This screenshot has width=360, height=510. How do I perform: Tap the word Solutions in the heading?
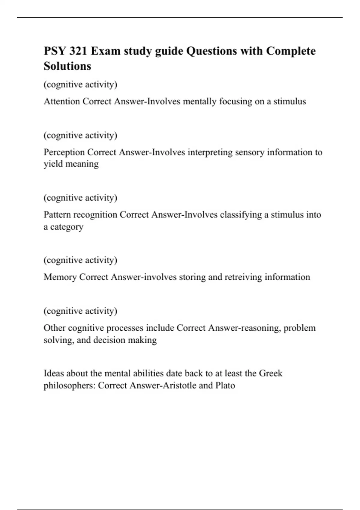(x=67, y=66)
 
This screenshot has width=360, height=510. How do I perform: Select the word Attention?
(x=62, y=101)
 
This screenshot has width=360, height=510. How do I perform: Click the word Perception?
(x=64, y=152)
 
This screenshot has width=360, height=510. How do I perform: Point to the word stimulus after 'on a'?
(x=289, y=101)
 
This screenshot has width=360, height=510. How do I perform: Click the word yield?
(x=53, y=164)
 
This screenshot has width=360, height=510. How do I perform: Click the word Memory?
(x=60, y=277)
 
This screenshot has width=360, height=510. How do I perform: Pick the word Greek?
(x=271, y=373)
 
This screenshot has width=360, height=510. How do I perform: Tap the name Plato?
(x=225, y=385)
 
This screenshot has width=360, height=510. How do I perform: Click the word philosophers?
(x=69, y=385)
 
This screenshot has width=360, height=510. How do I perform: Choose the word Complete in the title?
(x=291, y=51)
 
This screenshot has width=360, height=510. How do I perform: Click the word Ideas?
(x=54, y=373)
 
